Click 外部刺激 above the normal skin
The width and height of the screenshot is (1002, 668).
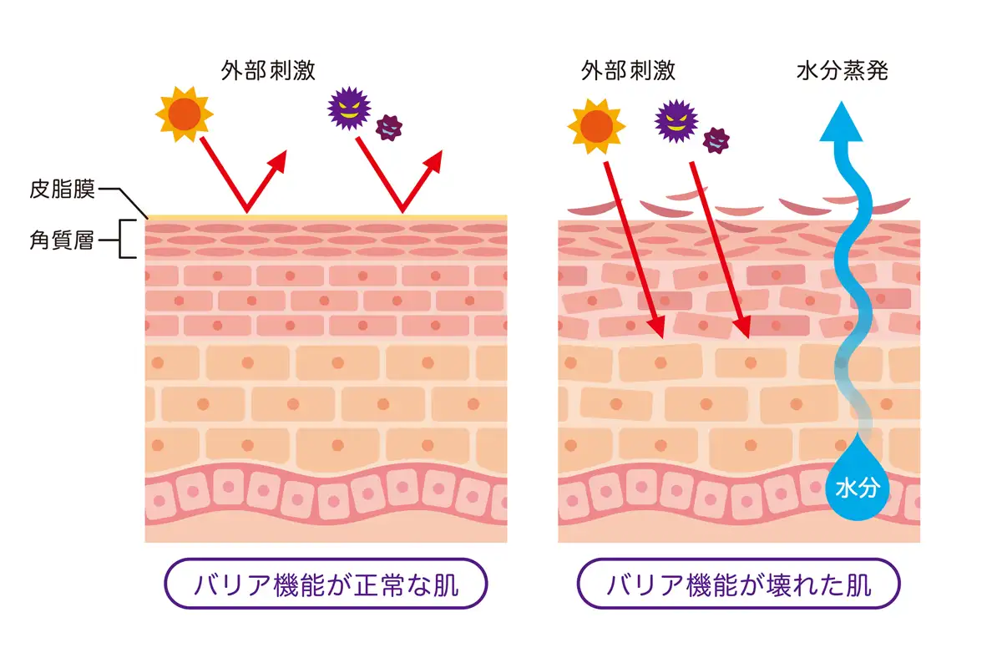pos(268,70)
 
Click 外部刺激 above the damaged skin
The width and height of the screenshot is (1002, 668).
pos(628,70)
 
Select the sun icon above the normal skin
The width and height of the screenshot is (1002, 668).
pos(185,114)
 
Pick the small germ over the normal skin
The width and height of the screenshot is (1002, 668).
pos(388,126)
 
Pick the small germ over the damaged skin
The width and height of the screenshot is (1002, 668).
pos(716,139)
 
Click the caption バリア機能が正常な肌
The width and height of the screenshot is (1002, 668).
pos(326,584)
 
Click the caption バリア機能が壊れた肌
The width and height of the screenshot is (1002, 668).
pos(738,584)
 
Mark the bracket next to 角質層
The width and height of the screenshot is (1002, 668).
pos(128,240)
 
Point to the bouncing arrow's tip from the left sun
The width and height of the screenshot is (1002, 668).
pos(284,154)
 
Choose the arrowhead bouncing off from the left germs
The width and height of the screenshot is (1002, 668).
pos(440,154)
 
